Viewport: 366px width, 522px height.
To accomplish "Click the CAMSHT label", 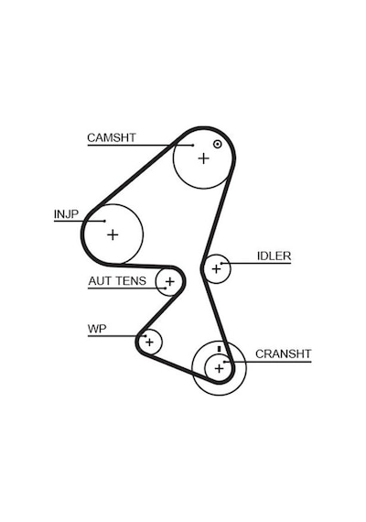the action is [x=112, y=137].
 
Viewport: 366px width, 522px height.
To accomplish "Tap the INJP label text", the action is [x=66, y=214].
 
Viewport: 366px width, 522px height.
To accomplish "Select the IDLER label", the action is [x=274, y=256].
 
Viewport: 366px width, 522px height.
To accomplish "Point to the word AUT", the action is [x=99, y=281].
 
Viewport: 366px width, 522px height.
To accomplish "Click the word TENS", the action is [x=129, y=281].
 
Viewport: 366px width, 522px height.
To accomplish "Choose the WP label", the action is [x=97, y=329].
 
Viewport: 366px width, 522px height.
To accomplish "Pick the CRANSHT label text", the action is [x=283, y=353].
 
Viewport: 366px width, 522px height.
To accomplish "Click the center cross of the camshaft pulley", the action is [x=204, y=158].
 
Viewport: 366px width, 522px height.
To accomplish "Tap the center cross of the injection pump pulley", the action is [x=113, y=235].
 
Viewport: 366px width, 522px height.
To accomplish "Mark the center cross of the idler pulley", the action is [x=216, y=268].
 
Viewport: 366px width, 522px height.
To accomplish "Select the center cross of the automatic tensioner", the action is [x=169, y=282].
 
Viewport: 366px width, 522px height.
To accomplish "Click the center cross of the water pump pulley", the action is [x=149, y=342].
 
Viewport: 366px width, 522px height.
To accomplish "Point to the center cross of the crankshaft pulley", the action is [x=219, y=368].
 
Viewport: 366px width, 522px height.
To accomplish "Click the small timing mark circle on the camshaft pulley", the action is [x=217, y=144].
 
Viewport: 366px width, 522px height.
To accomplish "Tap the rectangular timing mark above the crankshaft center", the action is [x=219, y=349].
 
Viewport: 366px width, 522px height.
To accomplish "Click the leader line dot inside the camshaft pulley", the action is [x=193, y=145].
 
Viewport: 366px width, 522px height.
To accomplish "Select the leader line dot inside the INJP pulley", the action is [x=104, y=221].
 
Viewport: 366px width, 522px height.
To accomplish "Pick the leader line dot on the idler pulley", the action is [x=221, y=264].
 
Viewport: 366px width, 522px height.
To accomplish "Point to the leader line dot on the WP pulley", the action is [x=145, y=336].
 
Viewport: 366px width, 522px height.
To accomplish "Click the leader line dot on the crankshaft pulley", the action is [x=224, y=362].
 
